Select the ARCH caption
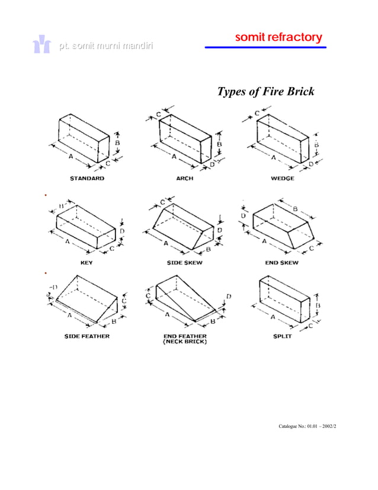tap(184, 178)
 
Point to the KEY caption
tap(87, 262)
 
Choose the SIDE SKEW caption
tap(184, 262)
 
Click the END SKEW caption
tap(281, 262)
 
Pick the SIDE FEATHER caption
tap(87, 336)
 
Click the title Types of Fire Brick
tap(265, 92)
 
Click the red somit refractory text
tap(278, 37)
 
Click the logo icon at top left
tap(41, 46)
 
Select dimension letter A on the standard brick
tap(71, 157)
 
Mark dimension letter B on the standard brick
tap(117, 143)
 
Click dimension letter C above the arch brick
tap(159, 114)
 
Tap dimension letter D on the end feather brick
tap(228, 296)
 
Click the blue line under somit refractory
tap(265, 47)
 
